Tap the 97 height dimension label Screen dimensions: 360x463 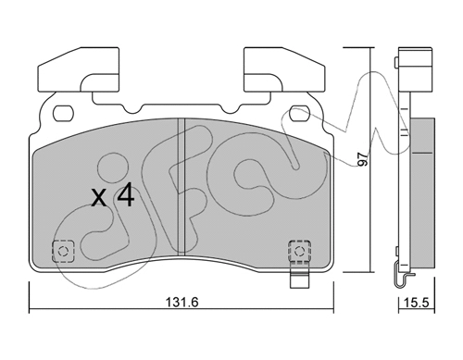(x=361, y=159)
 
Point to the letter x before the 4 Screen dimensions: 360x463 (x=99, y=198)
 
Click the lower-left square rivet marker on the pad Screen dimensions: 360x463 (x=63, y=251)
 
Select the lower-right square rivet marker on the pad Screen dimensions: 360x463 (x=299, y=251)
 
